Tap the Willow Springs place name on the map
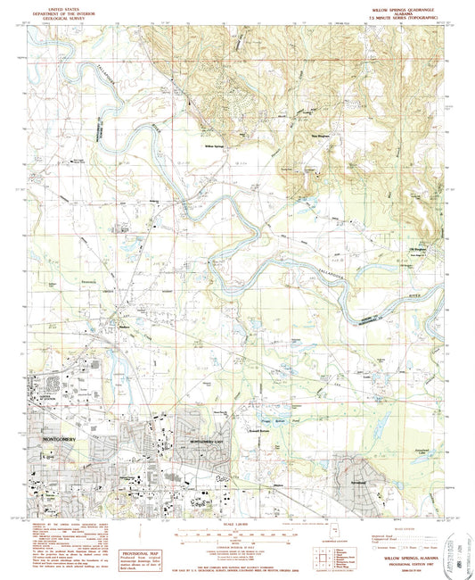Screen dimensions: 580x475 (x=211, y=144)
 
